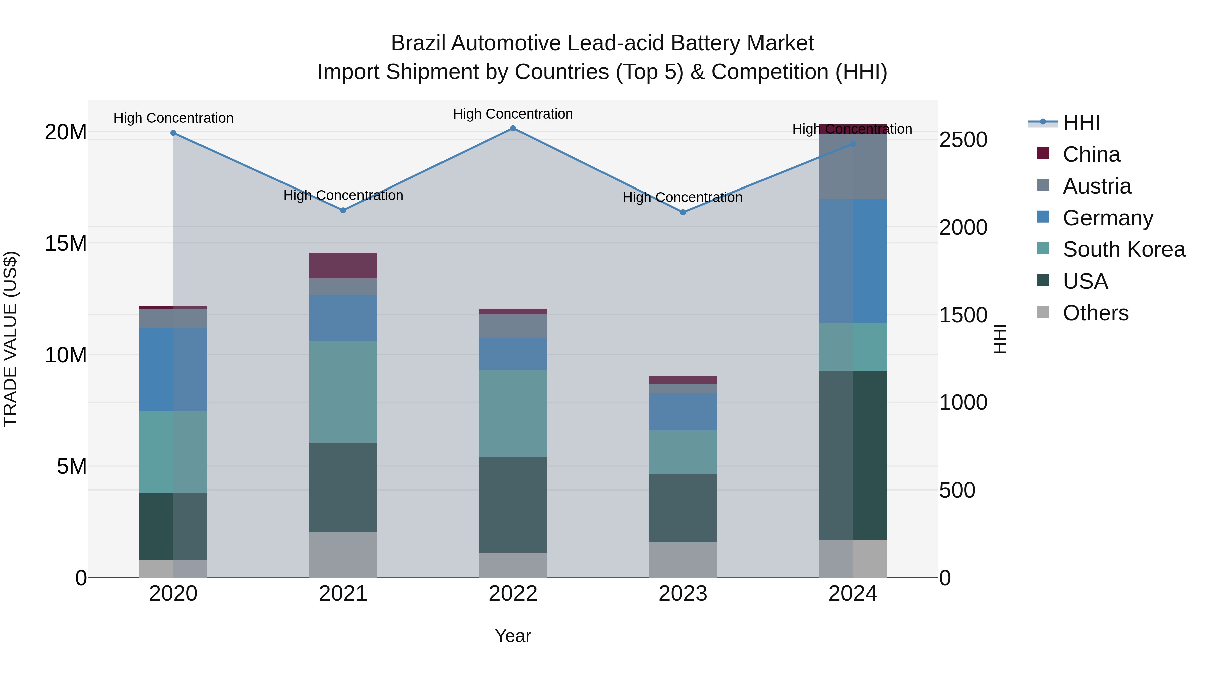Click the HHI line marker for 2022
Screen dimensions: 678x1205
point(513,128)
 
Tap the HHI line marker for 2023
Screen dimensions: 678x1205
point(682,212)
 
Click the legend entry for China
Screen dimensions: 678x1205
point(1091,154)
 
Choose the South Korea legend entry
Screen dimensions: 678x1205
point(1124,249)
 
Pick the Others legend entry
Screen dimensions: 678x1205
point(1095,313)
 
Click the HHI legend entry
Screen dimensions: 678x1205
point(1081,123)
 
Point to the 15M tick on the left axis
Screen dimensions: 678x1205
point(66,243)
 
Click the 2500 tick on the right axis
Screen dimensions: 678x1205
point(963,140)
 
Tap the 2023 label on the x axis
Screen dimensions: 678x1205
point(682,594)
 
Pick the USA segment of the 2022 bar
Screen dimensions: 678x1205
point(513,505)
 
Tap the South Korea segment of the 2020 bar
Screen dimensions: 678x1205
point(173,452)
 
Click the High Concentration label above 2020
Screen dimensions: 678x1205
point(173,118)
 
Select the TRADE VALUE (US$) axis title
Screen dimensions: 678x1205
point(10,339)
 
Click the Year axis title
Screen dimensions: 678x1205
point(513,636)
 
